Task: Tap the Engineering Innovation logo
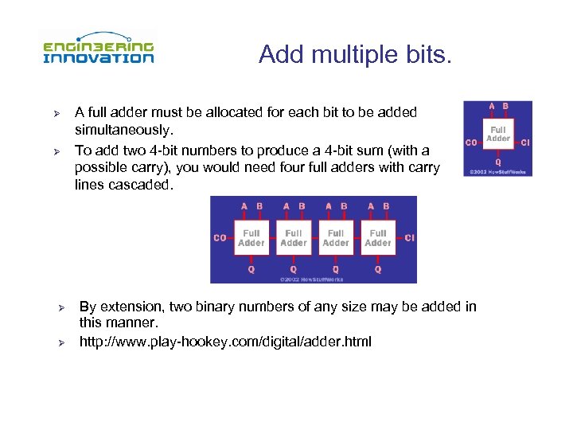click(99, 49)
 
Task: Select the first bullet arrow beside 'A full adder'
click(57, 113)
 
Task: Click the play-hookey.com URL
click(225, 342)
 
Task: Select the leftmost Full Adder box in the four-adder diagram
click(251, 237)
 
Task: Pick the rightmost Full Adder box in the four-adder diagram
click(378, 237)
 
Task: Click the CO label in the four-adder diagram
click(220, 237)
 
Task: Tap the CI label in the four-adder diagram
click(409, 237)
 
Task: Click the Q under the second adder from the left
click(294, 269)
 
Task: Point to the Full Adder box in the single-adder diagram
click(498, 133)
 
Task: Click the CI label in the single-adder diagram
click(525, 143)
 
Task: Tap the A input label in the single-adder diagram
click(491, 106)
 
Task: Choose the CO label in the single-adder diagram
click(470, 143)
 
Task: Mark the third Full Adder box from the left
click(336, 237)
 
